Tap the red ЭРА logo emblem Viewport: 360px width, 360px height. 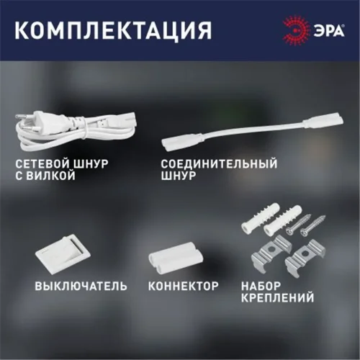pyautogui.click(x=291, y=30)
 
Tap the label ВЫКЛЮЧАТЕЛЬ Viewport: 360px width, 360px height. pyautogui.click(x=81, y=286)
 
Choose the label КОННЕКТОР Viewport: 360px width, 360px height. pyautogui.click(x=183, y=286)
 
